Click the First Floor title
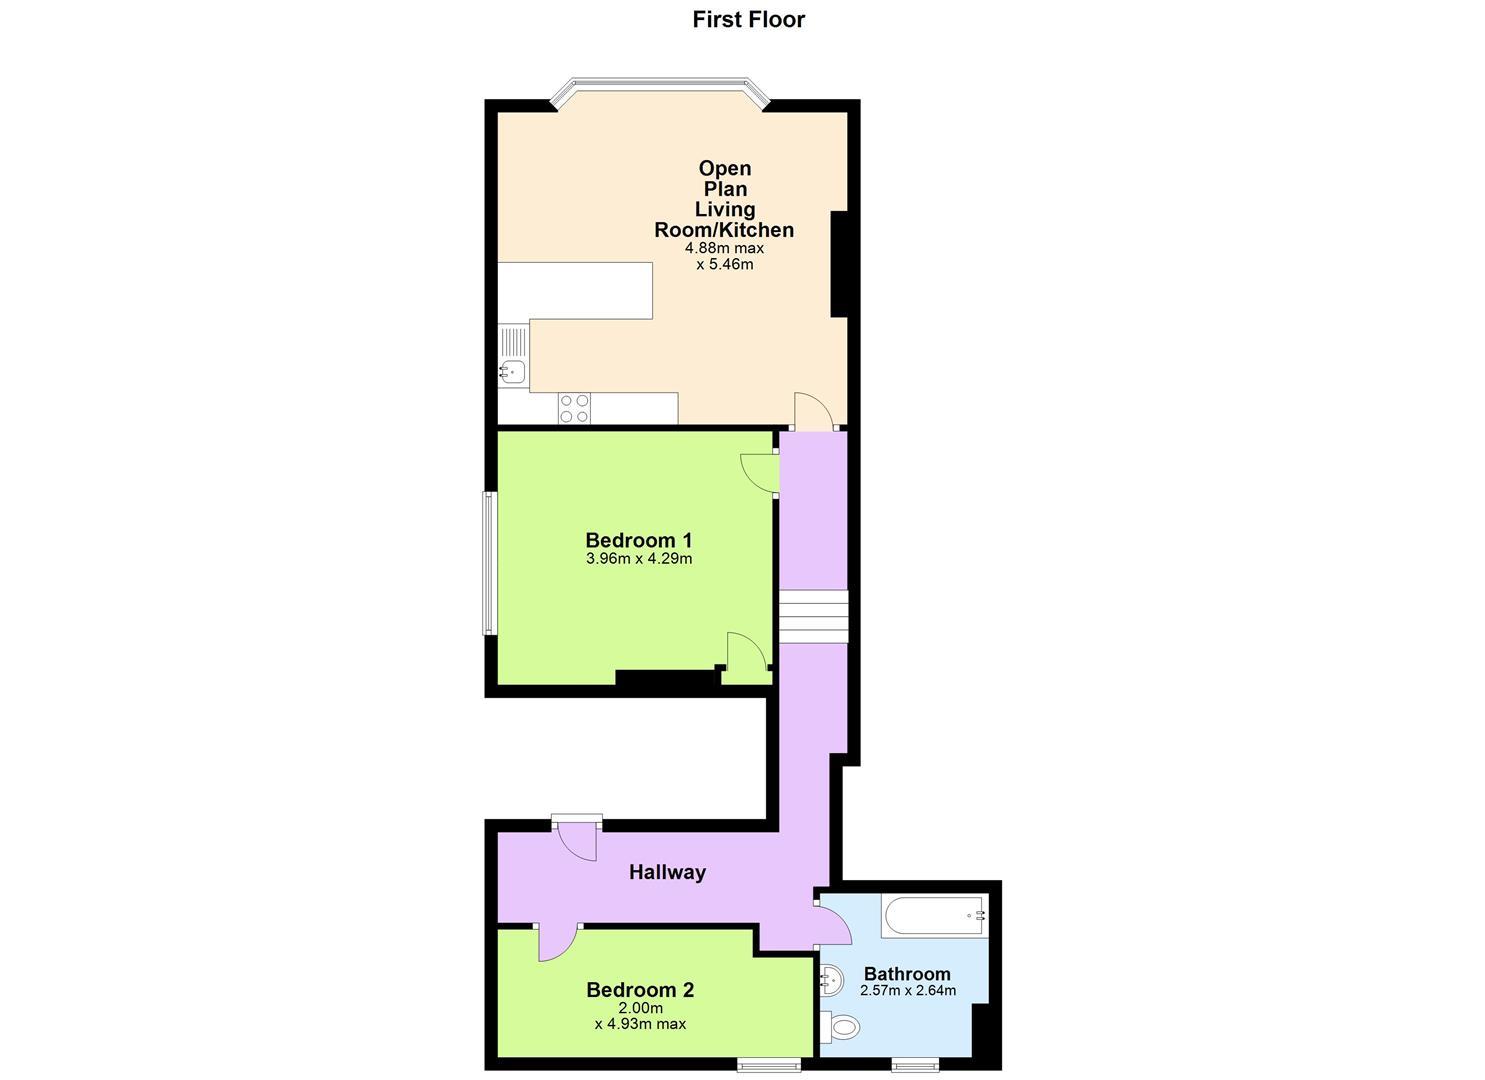(748, 19)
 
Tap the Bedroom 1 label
(638, 540)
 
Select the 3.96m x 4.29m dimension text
(638, 559)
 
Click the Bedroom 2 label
(640, 990)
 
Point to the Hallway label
(667, 872)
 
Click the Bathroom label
(907, 973)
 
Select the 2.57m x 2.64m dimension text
(907, 991)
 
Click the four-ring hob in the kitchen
(574, 408)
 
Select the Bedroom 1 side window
(489, 563)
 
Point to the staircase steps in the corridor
(813, 616)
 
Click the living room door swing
(813, 411)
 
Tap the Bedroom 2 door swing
(557, 942)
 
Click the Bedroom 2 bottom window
(769, 1064)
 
